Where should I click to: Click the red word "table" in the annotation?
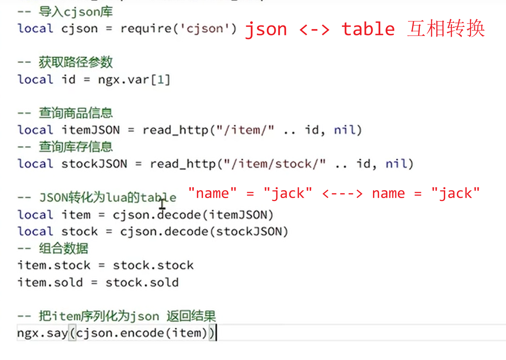coord(368,29)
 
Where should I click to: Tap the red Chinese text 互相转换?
coord(446,29)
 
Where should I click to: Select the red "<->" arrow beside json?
coord(314,30)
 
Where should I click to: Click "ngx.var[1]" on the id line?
coord(134,79)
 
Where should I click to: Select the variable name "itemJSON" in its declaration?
coord(91,130)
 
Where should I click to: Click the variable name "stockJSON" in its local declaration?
coord(94,163)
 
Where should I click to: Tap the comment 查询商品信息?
coord(76,113)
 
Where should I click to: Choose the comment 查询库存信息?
coord(76,147)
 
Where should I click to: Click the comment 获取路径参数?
coord(76,62)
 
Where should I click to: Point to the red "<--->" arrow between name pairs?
coord(342,193)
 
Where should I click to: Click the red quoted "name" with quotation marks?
coord(212,193)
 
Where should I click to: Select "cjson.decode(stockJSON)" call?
coord(204,232)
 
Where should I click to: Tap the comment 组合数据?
coord(63,248)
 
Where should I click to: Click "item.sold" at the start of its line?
coord(50,283)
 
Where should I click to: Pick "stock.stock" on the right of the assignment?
coord(153,265)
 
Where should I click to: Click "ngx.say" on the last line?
coord(42,333)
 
